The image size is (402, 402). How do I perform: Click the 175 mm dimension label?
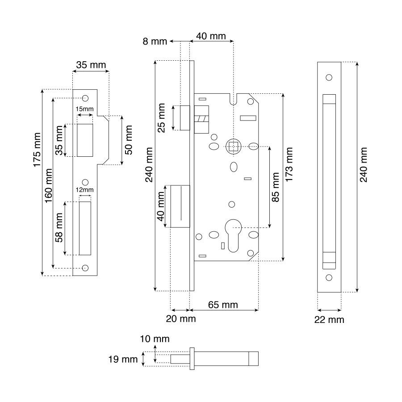pos(37,150)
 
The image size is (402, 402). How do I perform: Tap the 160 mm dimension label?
pos(49,186)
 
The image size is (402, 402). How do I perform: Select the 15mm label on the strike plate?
pos(84,109)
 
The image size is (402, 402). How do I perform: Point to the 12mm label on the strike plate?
pos(84,190)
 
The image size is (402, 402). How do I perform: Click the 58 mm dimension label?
pos(59,228)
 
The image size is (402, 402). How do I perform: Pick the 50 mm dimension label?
pos(129,140)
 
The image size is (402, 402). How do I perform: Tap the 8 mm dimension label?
pos(155,41)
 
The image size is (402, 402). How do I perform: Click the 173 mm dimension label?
pos(289,164)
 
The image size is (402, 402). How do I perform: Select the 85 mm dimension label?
pos(275,187)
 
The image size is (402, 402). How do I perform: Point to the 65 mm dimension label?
pos(223,305)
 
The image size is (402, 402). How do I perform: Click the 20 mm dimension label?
pos(181,318)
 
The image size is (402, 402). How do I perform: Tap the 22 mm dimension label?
pos(329,320)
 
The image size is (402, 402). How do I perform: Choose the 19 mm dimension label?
pos(123,359)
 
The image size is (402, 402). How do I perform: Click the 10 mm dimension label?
pos(155,339)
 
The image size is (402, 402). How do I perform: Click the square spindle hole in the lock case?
pos(233,147)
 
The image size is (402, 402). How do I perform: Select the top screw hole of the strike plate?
pos(85,98)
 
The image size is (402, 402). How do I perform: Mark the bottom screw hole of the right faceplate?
pos(329,277)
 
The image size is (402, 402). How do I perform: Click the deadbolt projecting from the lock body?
pos(180,206)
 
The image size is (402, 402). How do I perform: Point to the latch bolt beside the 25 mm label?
pos(185,118)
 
